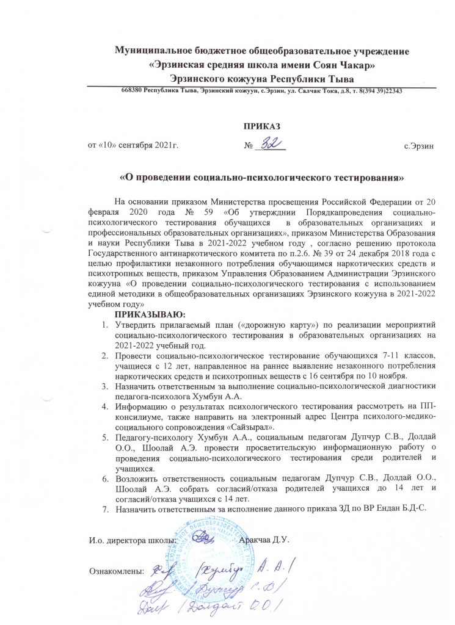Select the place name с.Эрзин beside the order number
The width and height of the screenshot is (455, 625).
click(420, 147)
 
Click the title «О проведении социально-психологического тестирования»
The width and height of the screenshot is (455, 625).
click(263, 178)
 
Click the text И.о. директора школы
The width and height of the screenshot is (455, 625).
click(133, 540)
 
